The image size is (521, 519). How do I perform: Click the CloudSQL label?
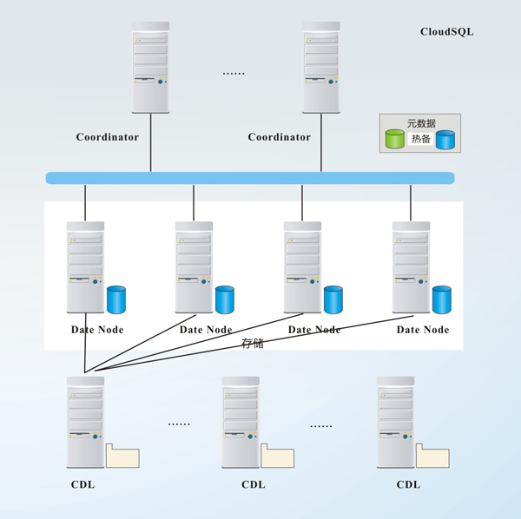coord(446,32)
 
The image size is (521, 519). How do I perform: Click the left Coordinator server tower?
coord(150,67)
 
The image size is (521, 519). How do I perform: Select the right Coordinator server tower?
coord(320,67)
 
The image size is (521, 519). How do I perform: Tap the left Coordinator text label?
coord(107,137)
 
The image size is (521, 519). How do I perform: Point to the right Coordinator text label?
coord(279,137)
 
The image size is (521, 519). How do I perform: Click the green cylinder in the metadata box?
coord(395,139)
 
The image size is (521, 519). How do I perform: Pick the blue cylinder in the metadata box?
coord(445,140)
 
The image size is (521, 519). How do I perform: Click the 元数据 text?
coord(421,123)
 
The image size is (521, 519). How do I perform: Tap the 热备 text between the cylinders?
coord(421,139)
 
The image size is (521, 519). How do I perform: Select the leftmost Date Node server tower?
coord(85,266)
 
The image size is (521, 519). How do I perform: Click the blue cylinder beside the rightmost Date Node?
coord(442,299)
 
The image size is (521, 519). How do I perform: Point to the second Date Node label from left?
coord(206,330)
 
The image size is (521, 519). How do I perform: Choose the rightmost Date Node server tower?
coord(411,266)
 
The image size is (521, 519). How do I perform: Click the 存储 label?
coord(253,344)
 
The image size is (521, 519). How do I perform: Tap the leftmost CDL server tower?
coord(85,422)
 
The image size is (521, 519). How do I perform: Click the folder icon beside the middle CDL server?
coord(278,457)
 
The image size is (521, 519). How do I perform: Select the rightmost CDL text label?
coord(408,484)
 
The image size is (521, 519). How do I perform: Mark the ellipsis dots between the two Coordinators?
coord(234,74)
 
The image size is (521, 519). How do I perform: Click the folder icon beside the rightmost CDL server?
coord(432,457)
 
